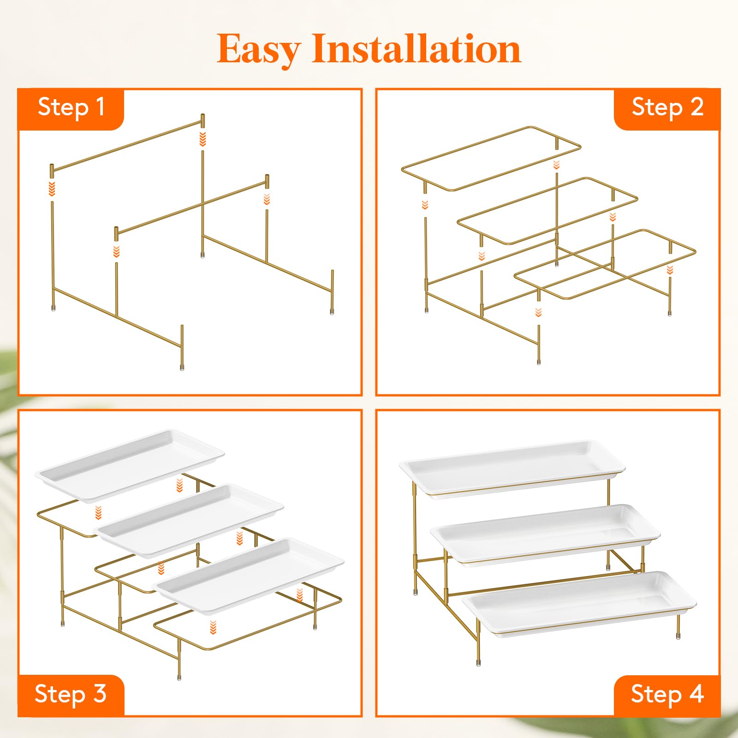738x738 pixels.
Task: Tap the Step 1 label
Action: point(71,107)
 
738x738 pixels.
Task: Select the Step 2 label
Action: point(667,107)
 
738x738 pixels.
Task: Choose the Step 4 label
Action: point(667,695)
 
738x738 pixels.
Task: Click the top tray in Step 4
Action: point(512,468)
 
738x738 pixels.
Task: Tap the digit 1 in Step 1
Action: point(100,107)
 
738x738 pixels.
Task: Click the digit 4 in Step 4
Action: point(696,694)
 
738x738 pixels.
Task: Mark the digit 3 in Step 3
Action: point(100,694)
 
